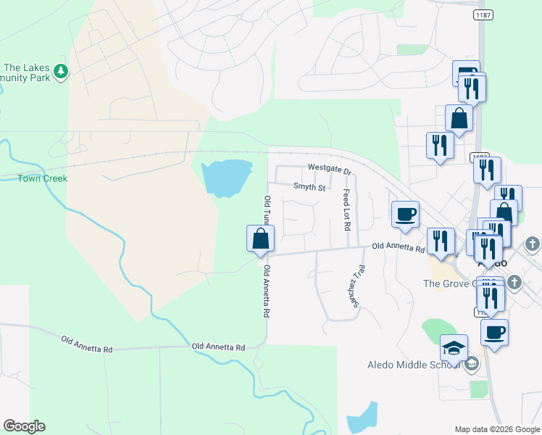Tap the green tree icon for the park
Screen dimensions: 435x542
pyautogui.click(x=62, y=70)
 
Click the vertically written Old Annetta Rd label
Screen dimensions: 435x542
pyautogui.click(x=267, y=292)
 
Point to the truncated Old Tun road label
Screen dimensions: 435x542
pyautogui.click(x=267, y=210)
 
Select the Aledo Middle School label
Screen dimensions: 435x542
pyautogui.click(x=409, y=363)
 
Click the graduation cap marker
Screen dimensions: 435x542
pyautogui.click(x=454, y=348)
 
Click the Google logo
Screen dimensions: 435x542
pyautogui.click(x=24, y=426)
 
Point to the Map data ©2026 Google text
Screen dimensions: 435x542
pyautogui.click(x=496, y=429)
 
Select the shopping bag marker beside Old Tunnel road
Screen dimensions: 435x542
pyautogui.click(x=261, y=239)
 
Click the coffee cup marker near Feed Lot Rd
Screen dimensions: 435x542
pyautogui.click(x=405, y=215)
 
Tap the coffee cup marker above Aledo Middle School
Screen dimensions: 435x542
pyautogui.click(x=494, y=333)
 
